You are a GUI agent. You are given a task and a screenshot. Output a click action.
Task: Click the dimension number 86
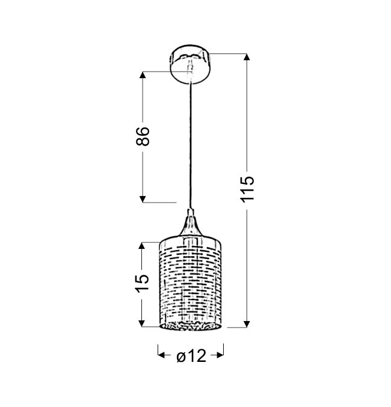[x=143, y=136]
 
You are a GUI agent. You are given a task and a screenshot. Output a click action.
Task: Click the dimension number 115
[x=247, y=189]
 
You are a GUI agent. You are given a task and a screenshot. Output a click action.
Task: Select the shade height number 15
[x=143, y=283]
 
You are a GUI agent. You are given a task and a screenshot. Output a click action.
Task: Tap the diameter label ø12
[x=191, y=355]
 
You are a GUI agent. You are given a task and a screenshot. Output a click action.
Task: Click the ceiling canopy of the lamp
[x=190, y=64]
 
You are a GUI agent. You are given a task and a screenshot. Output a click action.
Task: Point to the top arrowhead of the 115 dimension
[x=247, y=57]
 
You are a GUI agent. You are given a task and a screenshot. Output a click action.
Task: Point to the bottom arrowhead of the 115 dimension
[x=247, y=324]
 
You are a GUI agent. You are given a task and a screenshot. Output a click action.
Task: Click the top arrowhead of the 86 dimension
[x=142, y=75]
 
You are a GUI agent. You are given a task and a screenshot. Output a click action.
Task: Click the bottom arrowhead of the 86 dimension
[x=142, y=199]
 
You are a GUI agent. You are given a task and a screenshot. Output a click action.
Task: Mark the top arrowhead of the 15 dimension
[x=141, y=245]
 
